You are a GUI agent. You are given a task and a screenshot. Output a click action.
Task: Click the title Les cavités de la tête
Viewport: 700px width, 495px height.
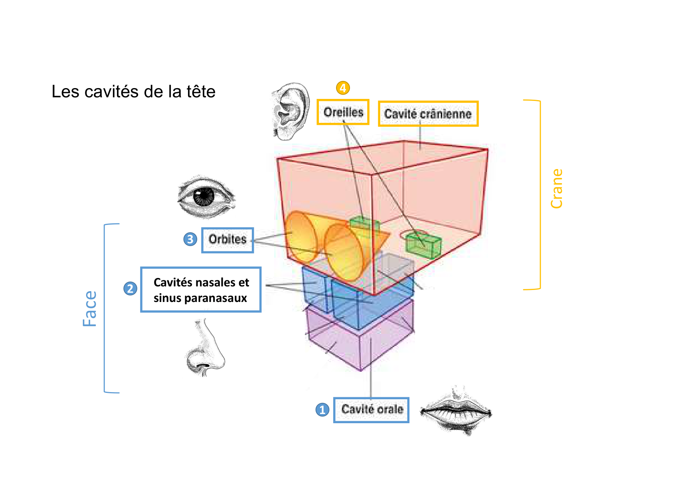click(133, 91)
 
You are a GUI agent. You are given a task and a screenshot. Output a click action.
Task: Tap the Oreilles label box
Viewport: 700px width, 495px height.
click(343, 112)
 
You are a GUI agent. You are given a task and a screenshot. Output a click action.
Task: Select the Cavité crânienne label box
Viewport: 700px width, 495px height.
click(428, 114)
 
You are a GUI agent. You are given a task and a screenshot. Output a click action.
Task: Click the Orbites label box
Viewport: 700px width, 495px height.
click(227, 240)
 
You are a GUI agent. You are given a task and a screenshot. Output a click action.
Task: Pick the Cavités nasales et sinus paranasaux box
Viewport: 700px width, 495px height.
click(201, 290)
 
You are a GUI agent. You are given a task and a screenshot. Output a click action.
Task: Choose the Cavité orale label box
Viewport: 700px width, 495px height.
click(372, 410)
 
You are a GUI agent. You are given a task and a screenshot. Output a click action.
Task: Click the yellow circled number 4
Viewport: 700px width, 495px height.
click(343, 88)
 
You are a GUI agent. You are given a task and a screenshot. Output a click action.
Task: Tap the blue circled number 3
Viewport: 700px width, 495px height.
click(190, 239)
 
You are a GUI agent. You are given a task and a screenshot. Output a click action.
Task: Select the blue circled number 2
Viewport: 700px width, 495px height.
click(130, 288)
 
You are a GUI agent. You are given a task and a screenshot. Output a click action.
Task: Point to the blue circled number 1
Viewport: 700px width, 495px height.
click(322, 410)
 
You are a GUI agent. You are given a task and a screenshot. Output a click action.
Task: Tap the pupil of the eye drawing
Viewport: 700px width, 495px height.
click(204, 196)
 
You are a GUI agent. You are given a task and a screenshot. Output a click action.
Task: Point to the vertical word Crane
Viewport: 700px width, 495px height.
click(556, 188)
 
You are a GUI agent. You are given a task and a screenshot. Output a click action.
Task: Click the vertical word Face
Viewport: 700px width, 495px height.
click(90, 308)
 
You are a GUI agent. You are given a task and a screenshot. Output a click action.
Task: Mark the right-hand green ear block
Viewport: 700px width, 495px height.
click(424, 245)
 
